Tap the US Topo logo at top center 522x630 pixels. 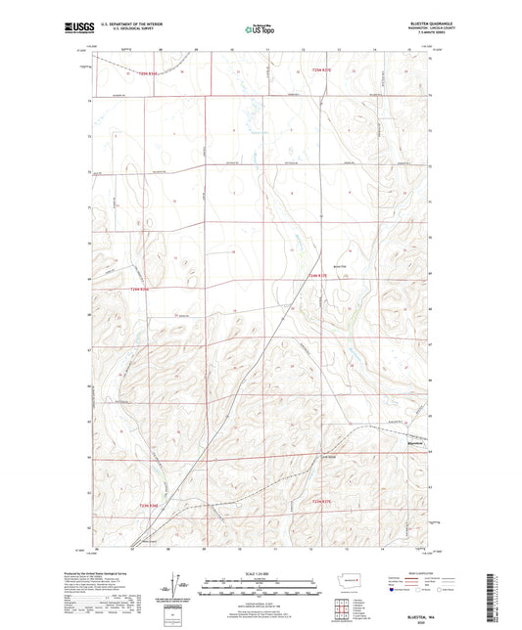[x=261, y=29]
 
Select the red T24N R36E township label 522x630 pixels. [x=142, y=289]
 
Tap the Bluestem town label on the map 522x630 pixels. [x=416, y=442]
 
